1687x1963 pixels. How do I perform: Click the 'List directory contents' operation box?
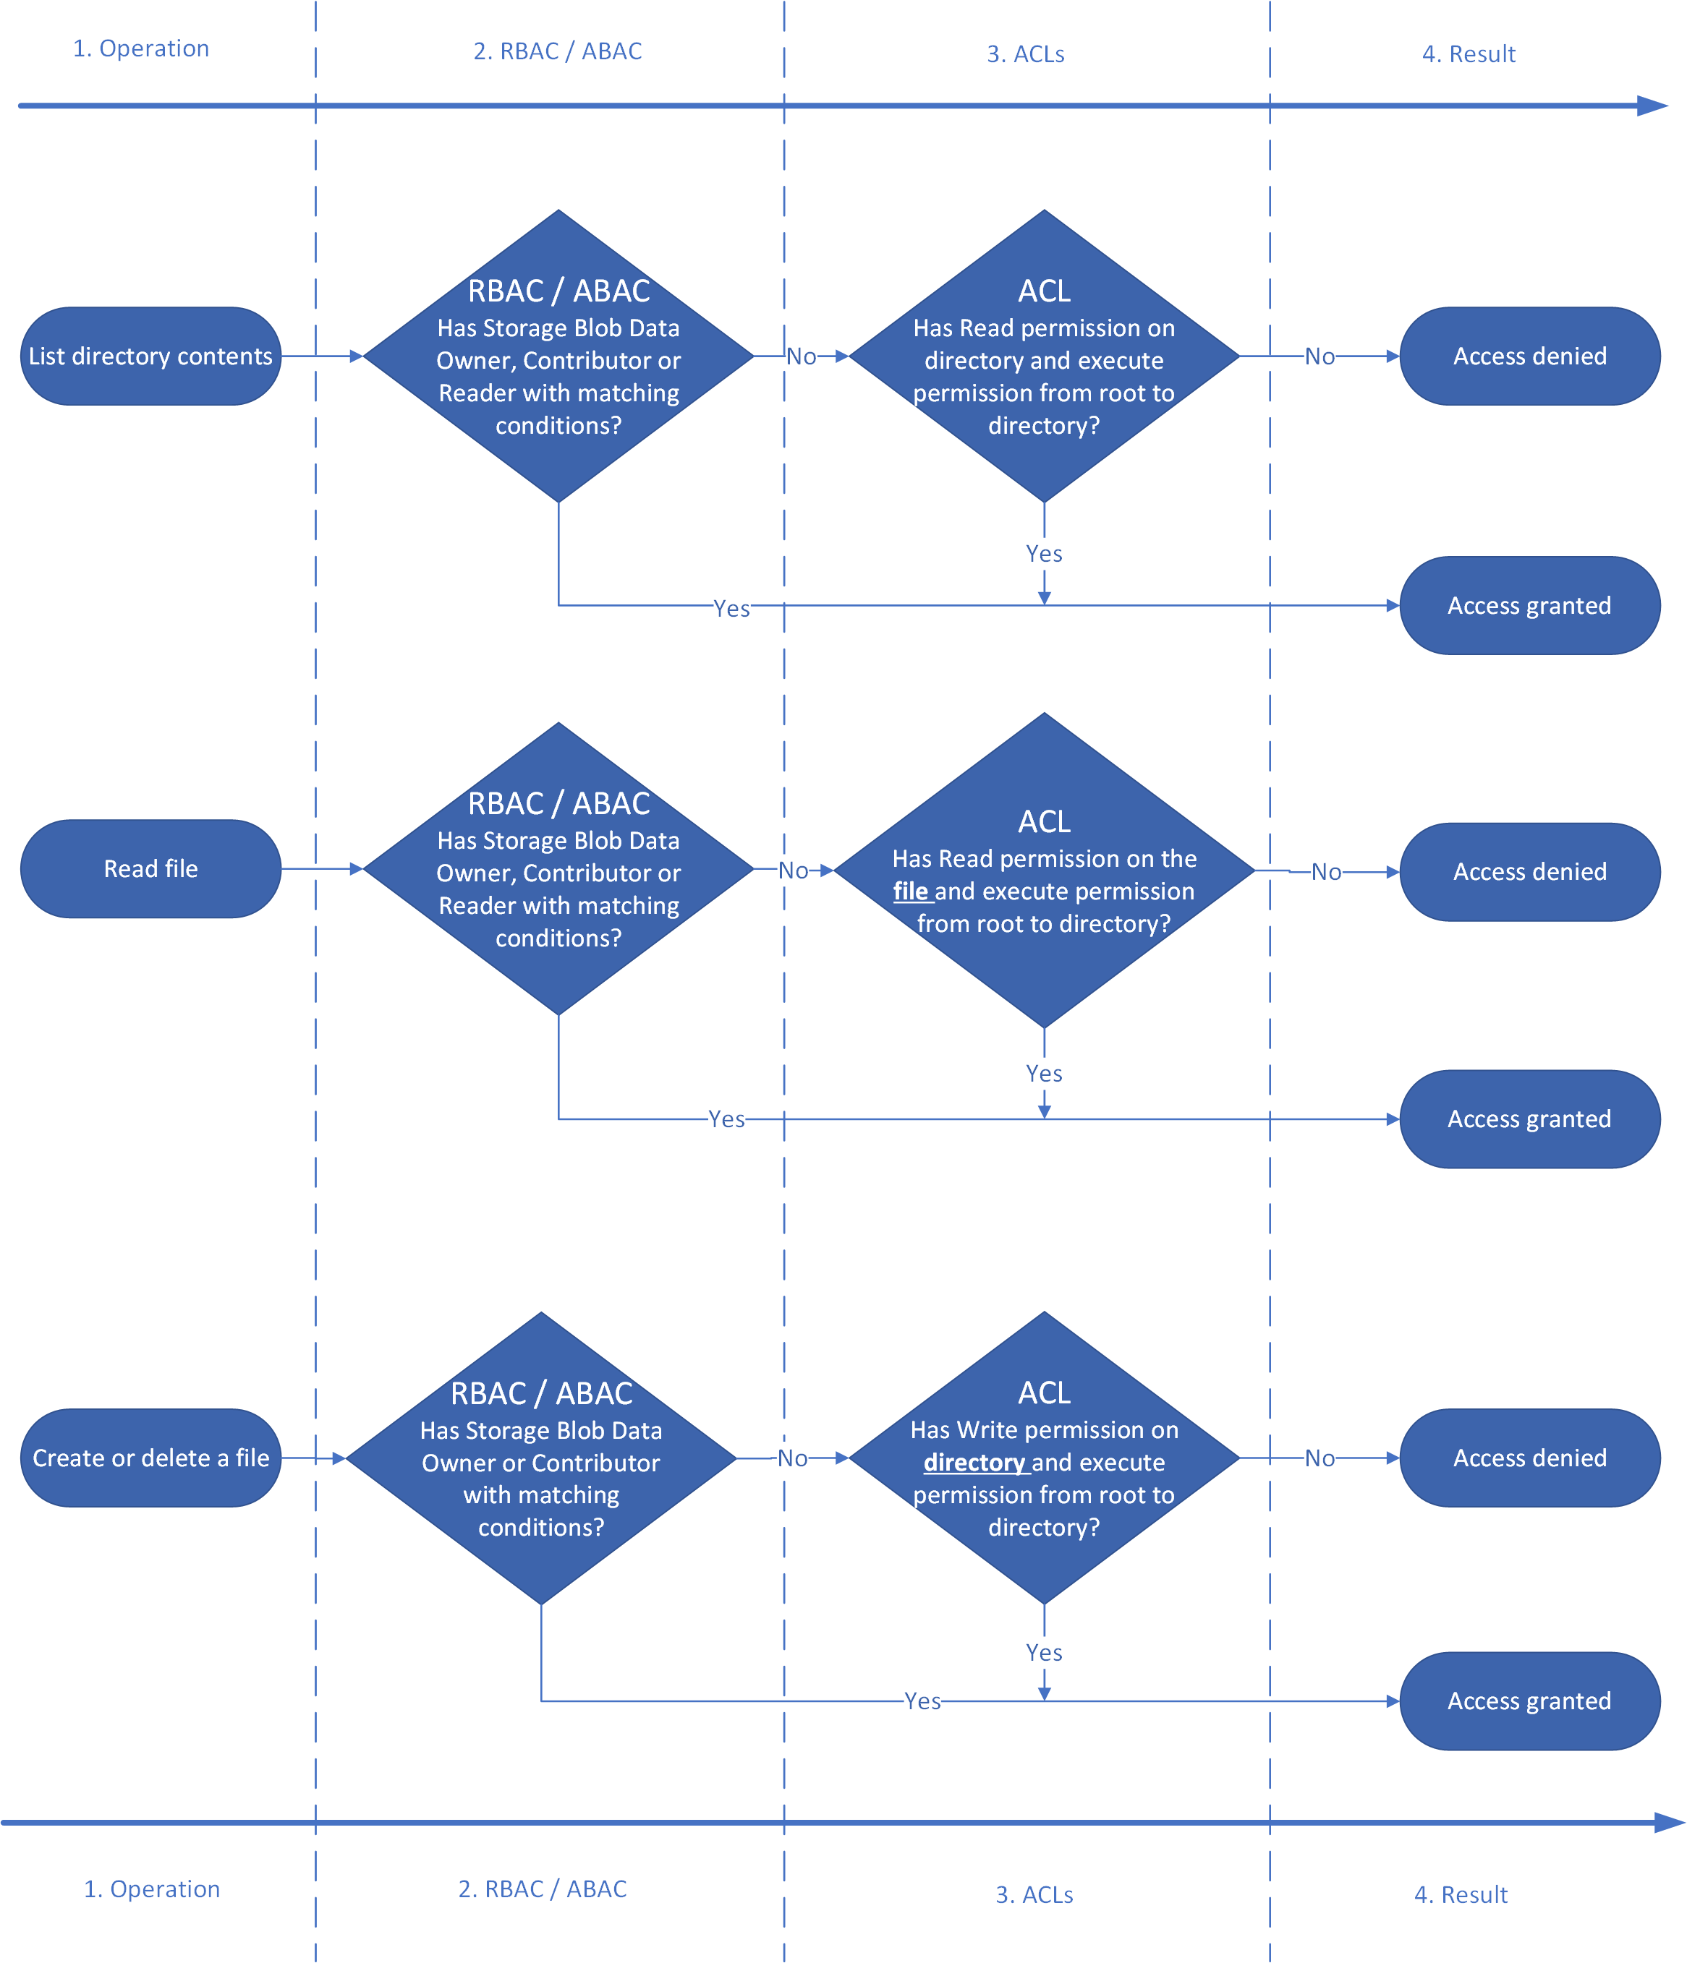coord(150,356)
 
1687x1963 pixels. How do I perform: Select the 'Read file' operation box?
coord(150,869)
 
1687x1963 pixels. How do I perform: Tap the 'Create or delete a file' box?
coord(150,1458)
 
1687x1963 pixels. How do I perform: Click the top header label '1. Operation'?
coord(141,48)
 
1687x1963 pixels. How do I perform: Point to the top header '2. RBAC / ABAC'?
coord(557,51)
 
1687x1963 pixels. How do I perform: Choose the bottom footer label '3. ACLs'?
coord(1034,1895)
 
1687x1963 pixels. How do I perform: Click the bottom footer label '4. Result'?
coord(1461,1895)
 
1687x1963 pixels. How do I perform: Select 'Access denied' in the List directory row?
coord(1530,356)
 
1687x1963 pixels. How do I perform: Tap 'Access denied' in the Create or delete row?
coord(1530,1458)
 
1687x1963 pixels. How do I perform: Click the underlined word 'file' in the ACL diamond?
coord(910,891)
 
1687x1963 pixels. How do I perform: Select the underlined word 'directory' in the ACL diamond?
coord(974,1463)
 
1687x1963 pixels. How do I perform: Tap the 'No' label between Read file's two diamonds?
coord(794,871)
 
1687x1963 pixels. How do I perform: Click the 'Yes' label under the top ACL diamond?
coord(1043,553)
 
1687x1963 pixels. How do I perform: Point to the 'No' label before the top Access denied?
coord(1320,356)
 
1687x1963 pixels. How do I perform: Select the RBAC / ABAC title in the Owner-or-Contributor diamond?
coord(541,1393)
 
